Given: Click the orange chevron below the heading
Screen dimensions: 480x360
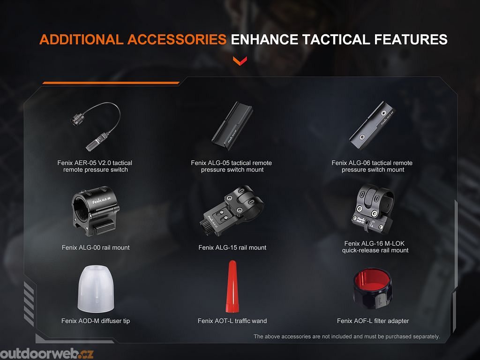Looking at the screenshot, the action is point(240,60).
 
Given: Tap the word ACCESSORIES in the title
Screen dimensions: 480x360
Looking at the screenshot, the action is point(177,40).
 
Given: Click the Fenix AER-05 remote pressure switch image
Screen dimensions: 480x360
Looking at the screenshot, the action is point(95,126).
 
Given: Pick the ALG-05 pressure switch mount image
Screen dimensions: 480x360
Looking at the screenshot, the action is point(232,126).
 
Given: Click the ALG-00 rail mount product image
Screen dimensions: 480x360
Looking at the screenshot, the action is point(96,211).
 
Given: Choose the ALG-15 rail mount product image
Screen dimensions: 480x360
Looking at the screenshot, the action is point(232,210).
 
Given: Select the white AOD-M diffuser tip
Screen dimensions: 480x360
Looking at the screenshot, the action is point(96,289).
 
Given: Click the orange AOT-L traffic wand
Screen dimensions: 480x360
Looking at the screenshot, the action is point(232,286).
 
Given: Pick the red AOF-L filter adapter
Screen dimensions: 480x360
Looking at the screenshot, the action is point(373,288).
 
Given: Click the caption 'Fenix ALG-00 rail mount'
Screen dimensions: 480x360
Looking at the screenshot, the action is point(96,247).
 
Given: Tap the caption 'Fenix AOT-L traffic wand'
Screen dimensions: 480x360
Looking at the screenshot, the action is point(232,321).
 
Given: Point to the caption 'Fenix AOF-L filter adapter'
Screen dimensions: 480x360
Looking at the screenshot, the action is point(373,321).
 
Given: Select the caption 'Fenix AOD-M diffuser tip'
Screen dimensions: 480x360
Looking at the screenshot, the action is point(96,321).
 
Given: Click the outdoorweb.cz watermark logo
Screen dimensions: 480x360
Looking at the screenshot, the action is point(46,354).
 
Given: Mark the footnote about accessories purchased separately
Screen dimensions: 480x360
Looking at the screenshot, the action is point(346,337).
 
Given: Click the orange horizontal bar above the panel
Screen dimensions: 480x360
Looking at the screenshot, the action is point(111,82).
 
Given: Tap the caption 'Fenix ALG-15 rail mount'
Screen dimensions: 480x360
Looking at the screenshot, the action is point(232,247).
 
